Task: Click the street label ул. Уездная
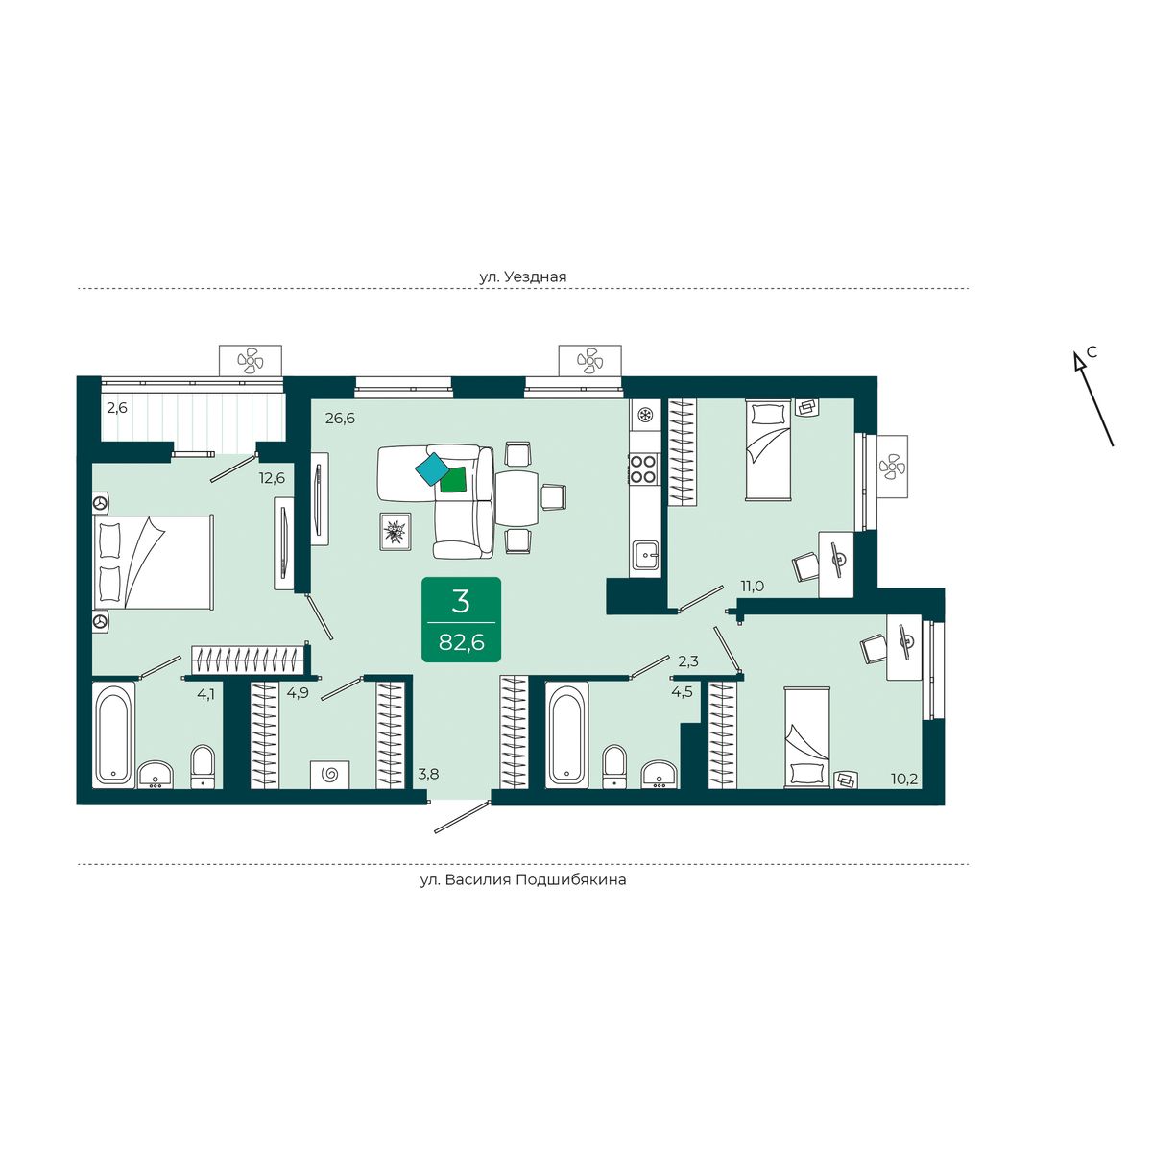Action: point(522,276)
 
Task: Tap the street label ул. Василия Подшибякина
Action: point(522,879)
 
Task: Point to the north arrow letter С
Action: point(1092,352)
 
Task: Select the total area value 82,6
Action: point(461,642)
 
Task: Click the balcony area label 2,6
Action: point(117,408)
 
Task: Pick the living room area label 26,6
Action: point(340,419)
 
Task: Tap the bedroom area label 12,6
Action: point(272,478)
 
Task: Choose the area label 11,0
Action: point(752,587)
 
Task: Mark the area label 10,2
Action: point(903,779)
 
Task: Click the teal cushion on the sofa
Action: point(433,469)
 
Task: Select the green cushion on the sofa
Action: point(453,479)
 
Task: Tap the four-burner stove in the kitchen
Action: point(644,468)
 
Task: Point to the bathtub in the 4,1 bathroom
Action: point(113,735)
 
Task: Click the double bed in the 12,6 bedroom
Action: point(154,563)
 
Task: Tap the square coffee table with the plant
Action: point(396,532)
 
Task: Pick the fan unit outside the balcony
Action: point(251,361)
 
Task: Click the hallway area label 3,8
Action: point(428,774)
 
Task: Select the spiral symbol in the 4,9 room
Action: point(330,775)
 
